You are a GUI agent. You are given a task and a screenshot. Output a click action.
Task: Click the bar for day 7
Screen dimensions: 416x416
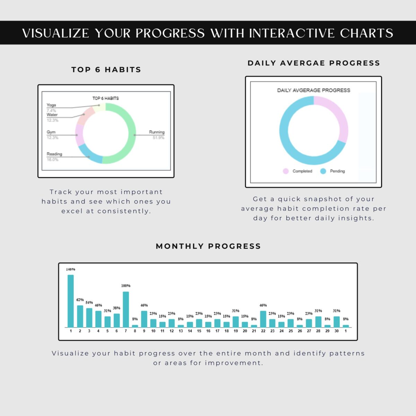pos(125,309)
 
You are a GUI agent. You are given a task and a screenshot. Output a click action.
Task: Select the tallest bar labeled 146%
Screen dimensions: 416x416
pos(71,301)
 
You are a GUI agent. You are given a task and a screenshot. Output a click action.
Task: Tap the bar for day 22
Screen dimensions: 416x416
pos(263,319)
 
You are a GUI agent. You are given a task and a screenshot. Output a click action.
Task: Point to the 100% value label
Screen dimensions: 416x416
pos(125,286)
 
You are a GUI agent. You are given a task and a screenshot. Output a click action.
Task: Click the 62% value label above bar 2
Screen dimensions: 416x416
pos(80,300)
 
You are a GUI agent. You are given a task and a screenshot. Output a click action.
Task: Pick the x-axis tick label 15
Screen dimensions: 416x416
pos(199,331)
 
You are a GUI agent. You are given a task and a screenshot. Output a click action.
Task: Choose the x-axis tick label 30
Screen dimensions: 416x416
pos(336,331)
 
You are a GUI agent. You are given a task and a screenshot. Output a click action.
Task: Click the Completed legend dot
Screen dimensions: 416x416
pos(286,171)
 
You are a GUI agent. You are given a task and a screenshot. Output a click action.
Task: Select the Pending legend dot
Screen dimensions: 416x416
pos(323,171)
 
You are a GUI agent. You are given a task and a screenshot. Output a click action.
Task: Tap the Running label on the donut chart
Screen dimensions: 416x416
pos(157,132)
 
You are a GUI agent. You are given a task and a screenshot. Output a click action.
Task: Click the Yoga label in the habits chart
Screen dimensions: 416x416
pos(51,105)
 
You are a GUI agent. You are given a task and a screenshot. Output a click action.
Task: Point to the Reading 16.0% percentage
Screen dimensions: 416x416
pos(52,159)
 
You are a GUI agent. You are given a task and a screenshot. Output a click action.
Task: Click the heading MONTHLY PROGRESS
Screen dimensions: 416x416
pos(208,246)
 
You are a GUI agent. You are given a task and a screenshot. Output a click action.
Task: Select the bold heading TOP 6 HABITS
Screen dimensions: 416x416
pos(106,70)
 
